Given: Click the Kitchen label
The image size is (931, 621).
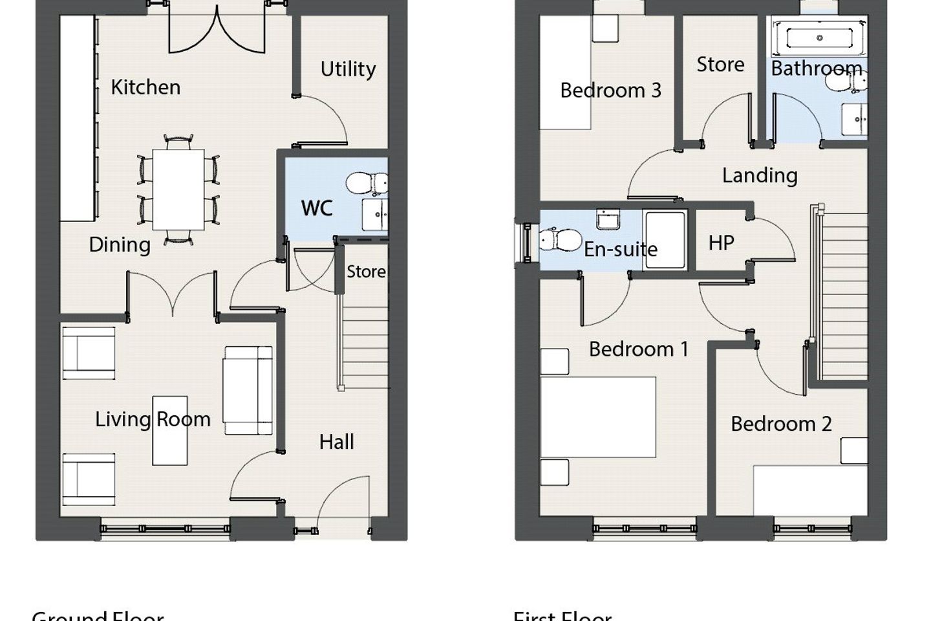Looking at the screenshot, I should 145,87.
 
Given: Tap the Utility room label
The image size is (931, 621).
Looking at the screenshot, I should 348,69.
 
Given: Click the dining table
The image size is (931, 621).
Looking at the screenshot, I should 178,190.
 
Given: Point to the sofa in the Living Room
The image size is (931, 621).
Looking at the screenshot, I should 248,390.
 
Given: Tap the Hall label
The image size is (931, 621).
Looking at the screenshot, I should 336,442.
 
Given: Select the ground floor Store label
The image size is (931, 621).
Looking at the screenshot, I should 365,272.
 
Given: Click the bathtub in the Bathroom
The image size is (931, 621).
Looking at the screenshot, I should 819,38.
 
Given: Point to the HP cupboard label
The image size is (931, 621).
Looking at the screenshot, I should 721,243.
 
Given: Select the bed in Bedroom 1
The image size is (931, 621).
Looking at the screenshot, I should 597,417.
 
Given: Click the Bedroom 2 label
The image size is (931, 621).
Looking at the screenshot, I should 780,424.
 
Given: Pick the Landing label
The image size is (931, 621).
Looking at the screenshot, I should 759,175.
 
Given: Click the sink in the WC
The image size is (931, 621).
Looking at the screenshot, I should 374,214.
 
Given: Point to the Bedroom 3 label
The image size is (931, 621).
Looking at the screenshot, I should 610,91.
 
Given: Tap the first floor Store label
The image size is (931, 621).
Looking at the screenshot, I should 720,65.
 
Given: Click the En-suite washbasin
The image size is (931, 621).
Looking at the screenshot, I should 608,220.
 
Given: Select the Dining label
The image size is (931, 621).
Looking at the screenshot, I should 120,245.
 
